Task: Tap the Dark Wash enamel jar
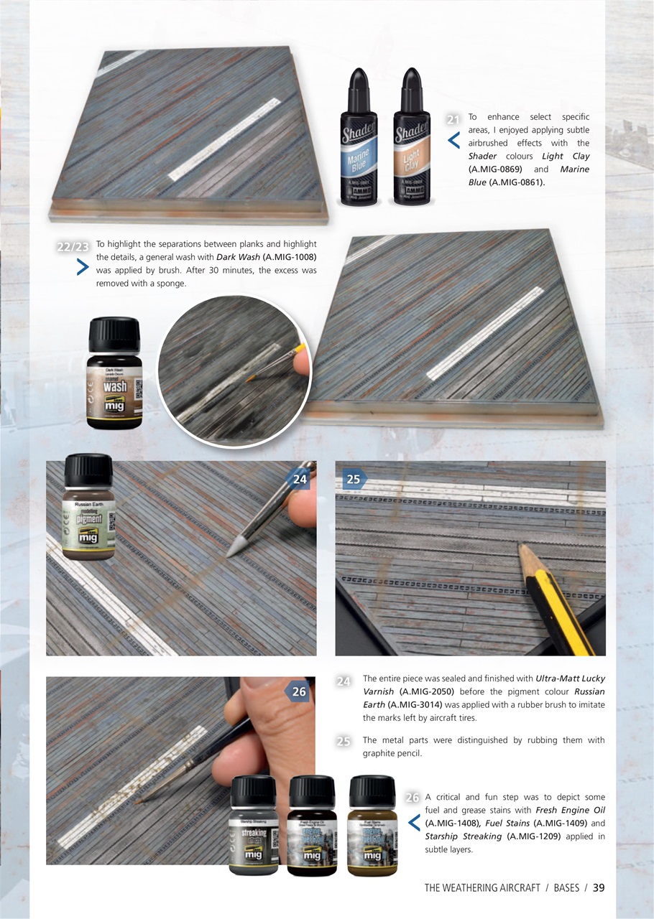coord(114,375)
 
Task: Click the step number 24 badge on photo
coord(299,479)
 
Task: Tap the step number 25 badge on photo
coord(354,479)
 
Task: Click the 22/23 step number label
coord(72,247)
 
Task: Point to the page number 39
coord(598,887)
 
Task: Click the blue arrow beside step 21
coord(453,141)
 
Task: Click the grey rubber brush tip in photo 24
coord(236,548)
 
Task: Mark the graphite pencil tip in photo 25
coord(522,551)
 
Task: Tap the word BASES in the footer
coord(566,888)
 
